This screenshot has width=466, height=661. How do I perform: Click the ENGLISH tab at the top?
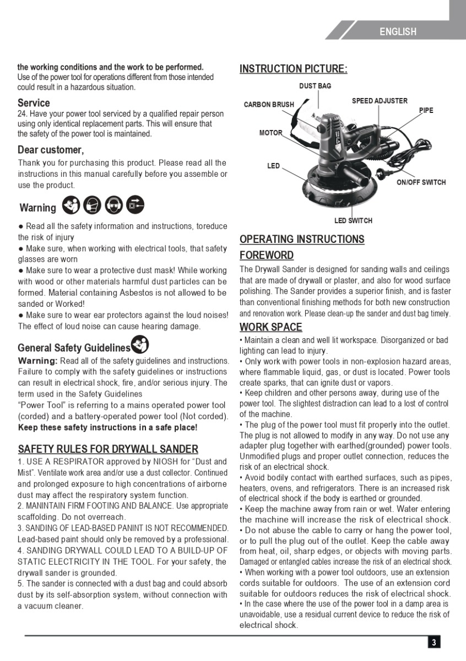coord(398,32)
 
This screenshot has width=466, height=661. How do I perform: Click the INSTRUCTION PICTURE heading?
coord(293,69)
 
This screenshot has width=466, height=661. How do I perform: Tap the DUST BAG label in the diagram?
coord(315,86)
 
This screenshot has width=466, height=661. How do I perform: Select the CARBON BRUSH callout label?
coord(269,105)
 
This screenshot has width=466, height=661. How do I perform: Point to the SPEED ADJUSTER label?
coord(380,101)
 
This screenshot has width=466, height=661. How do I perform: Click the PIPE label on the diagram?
coord(426,110)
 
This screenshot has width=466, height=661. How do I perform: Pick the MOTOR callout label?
coord(270,133)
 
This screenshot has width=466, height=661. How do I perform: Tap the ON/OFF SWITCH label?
coord(421,182)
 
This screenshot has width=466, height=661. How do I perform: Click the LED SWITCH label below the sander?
coord(353,221)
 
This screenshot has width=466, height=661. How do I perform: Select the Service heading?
coord(34,103)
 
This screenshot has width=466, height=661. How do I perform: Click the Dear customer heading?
coord(51,150)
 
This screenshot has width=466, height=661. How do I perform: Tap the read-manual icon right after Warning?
coord(71,205)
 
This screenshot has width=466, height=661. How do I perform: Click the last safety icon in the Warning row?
coord(135,205)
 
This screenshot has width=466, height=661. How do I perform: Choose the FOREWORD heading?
coord(266,255)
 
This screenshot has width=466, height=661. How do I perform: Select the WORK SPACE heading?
coord(270,327)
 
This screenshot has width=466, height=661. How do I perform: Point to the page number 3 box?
coord(434,642)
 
